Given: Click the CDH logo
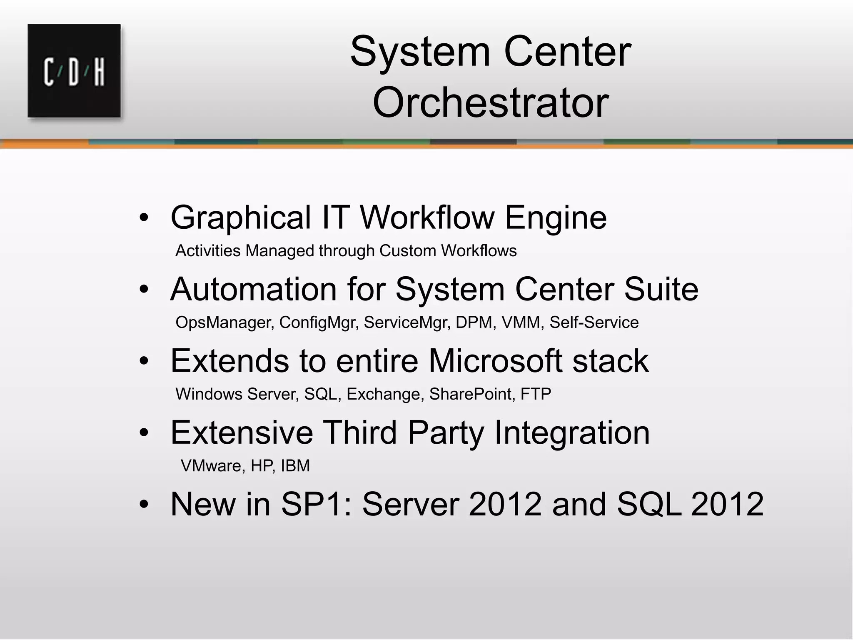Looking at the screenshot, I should coord(74,71).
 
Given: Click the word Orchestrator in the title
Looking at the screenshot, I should coord(491,102).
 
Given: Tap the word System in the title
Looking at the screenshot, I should coord(420,52).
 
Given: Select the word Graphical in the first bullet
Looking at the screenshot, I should coord(241,217).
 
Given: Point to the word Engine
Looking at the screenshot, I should coord(556,217).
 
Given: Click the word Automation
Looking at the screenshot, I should coord(253,289).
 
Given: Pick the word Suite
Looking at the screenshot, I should coord(661,289).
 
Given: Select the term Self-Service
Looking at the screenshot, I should coord(594,322).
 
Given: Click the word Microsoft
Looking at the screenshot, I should coord(495,361).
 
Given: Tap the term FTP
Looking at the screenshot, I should coord(536,394).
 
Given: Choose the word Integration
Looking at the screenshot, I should coord(572,432).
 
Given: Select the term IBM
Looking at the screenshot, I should coord(295,466).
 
